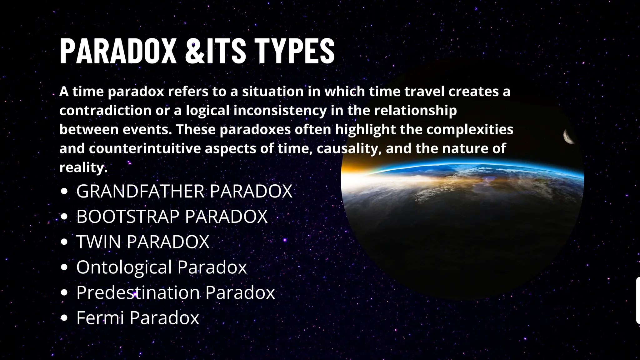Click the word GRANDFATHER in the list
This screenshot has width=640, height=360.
coord(140,191)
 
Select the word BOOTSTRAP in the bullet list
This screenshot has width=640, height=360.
coord(128,216)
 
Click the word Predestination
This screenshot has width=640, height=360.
coord(138,292)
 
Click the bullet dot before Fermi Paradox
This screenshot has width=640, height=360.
coord(64,318)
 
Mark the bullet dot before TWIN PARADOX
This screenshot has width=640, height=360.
coord(64,242)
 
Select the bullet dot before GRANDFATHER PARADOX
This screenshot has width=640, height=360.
coord(64,192)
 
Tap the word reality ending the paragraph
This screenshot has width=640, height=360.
coord(82,167)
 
